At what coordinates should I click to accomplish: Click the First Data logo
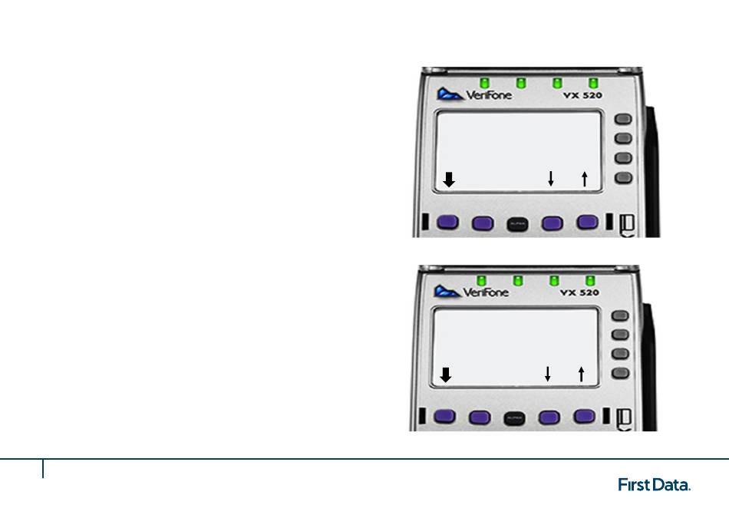click(655, 484)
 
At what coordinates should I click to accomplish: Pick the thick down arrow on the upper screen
click(450, 180)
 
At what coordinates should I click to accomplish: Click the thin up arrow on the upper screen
click(584, 179)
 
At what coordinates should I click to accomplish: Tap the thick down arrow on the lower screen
click(447, 375)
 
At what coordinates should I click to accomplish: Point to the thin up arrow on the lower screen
click(581, 374)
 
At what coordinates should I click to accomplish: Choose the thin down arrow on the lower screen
click(548, 374)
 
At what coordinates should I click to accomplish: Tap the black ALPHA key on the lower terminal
click(514, 418)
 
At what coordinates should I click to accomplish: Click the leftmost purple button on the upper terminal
click(448, 223)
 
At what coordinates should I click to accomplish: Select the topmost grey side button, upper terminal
click(624, 120)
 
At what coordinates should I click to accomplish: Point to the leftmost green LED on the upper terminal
click(484, 81)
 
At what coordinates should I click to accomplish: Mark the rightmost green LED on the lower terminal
click(590, 279)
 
